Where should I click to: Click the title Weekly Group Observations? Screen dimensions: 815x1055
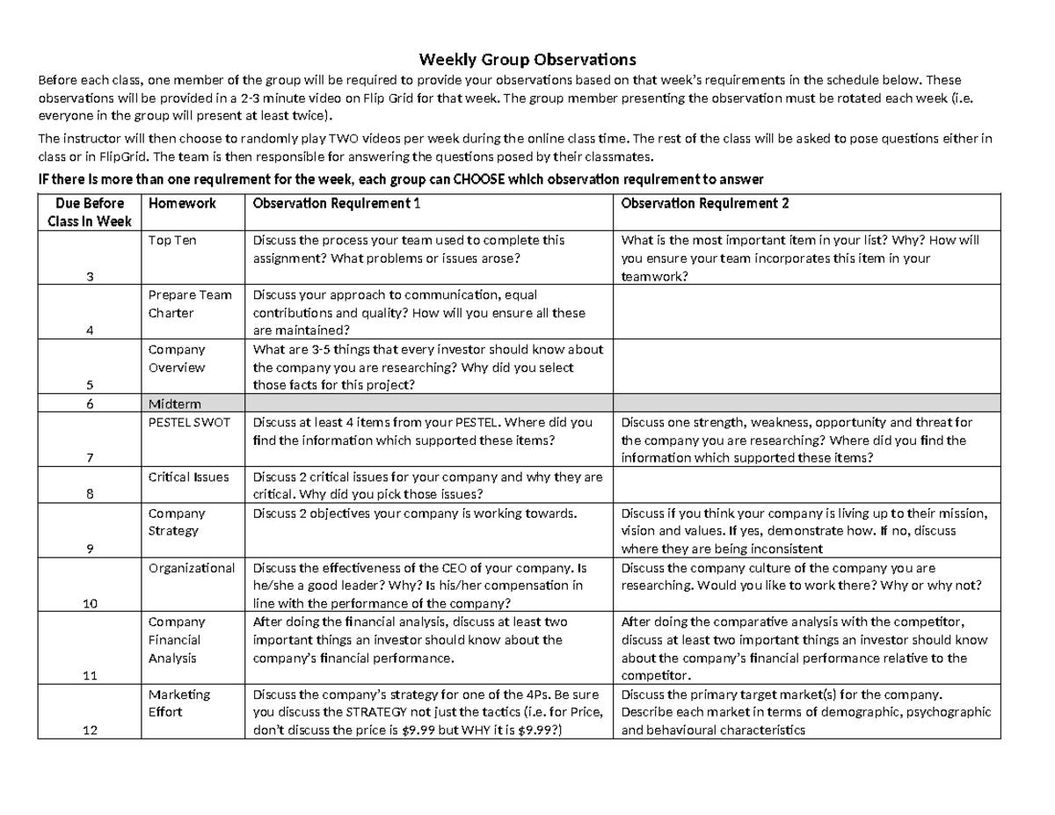point(527,60)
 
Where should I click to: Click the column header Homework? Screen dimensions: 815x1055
point(182,203)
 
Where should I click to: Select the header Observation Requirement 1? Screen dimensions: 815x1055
point(337,203)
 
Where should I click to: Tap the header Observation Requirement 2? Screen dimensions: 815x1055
point(705,203)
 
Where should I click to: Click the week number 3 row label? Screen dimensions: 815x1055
point(90,276)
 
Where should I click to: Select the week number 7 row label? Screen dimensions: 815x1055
point(90,458)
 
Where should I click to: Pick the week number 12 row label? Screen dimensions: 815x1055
point(90,730)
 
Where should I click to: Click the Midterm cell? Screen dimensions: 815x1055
point(174,404)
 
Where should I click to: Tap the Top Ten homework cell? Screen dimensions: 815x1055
point(172,240)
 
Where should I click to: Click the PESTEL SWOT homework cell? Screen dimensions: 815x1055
point(189,422)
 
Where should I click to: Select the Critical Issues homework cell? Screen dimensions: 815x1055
point(188,477)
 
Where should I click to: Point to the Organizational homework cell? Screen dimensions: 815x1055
point(191,568)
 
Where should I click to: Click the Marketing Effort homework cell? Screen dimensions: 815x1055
point(179,702)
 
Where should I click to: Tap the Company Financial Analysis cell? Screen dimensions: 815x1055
point(177,640)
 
